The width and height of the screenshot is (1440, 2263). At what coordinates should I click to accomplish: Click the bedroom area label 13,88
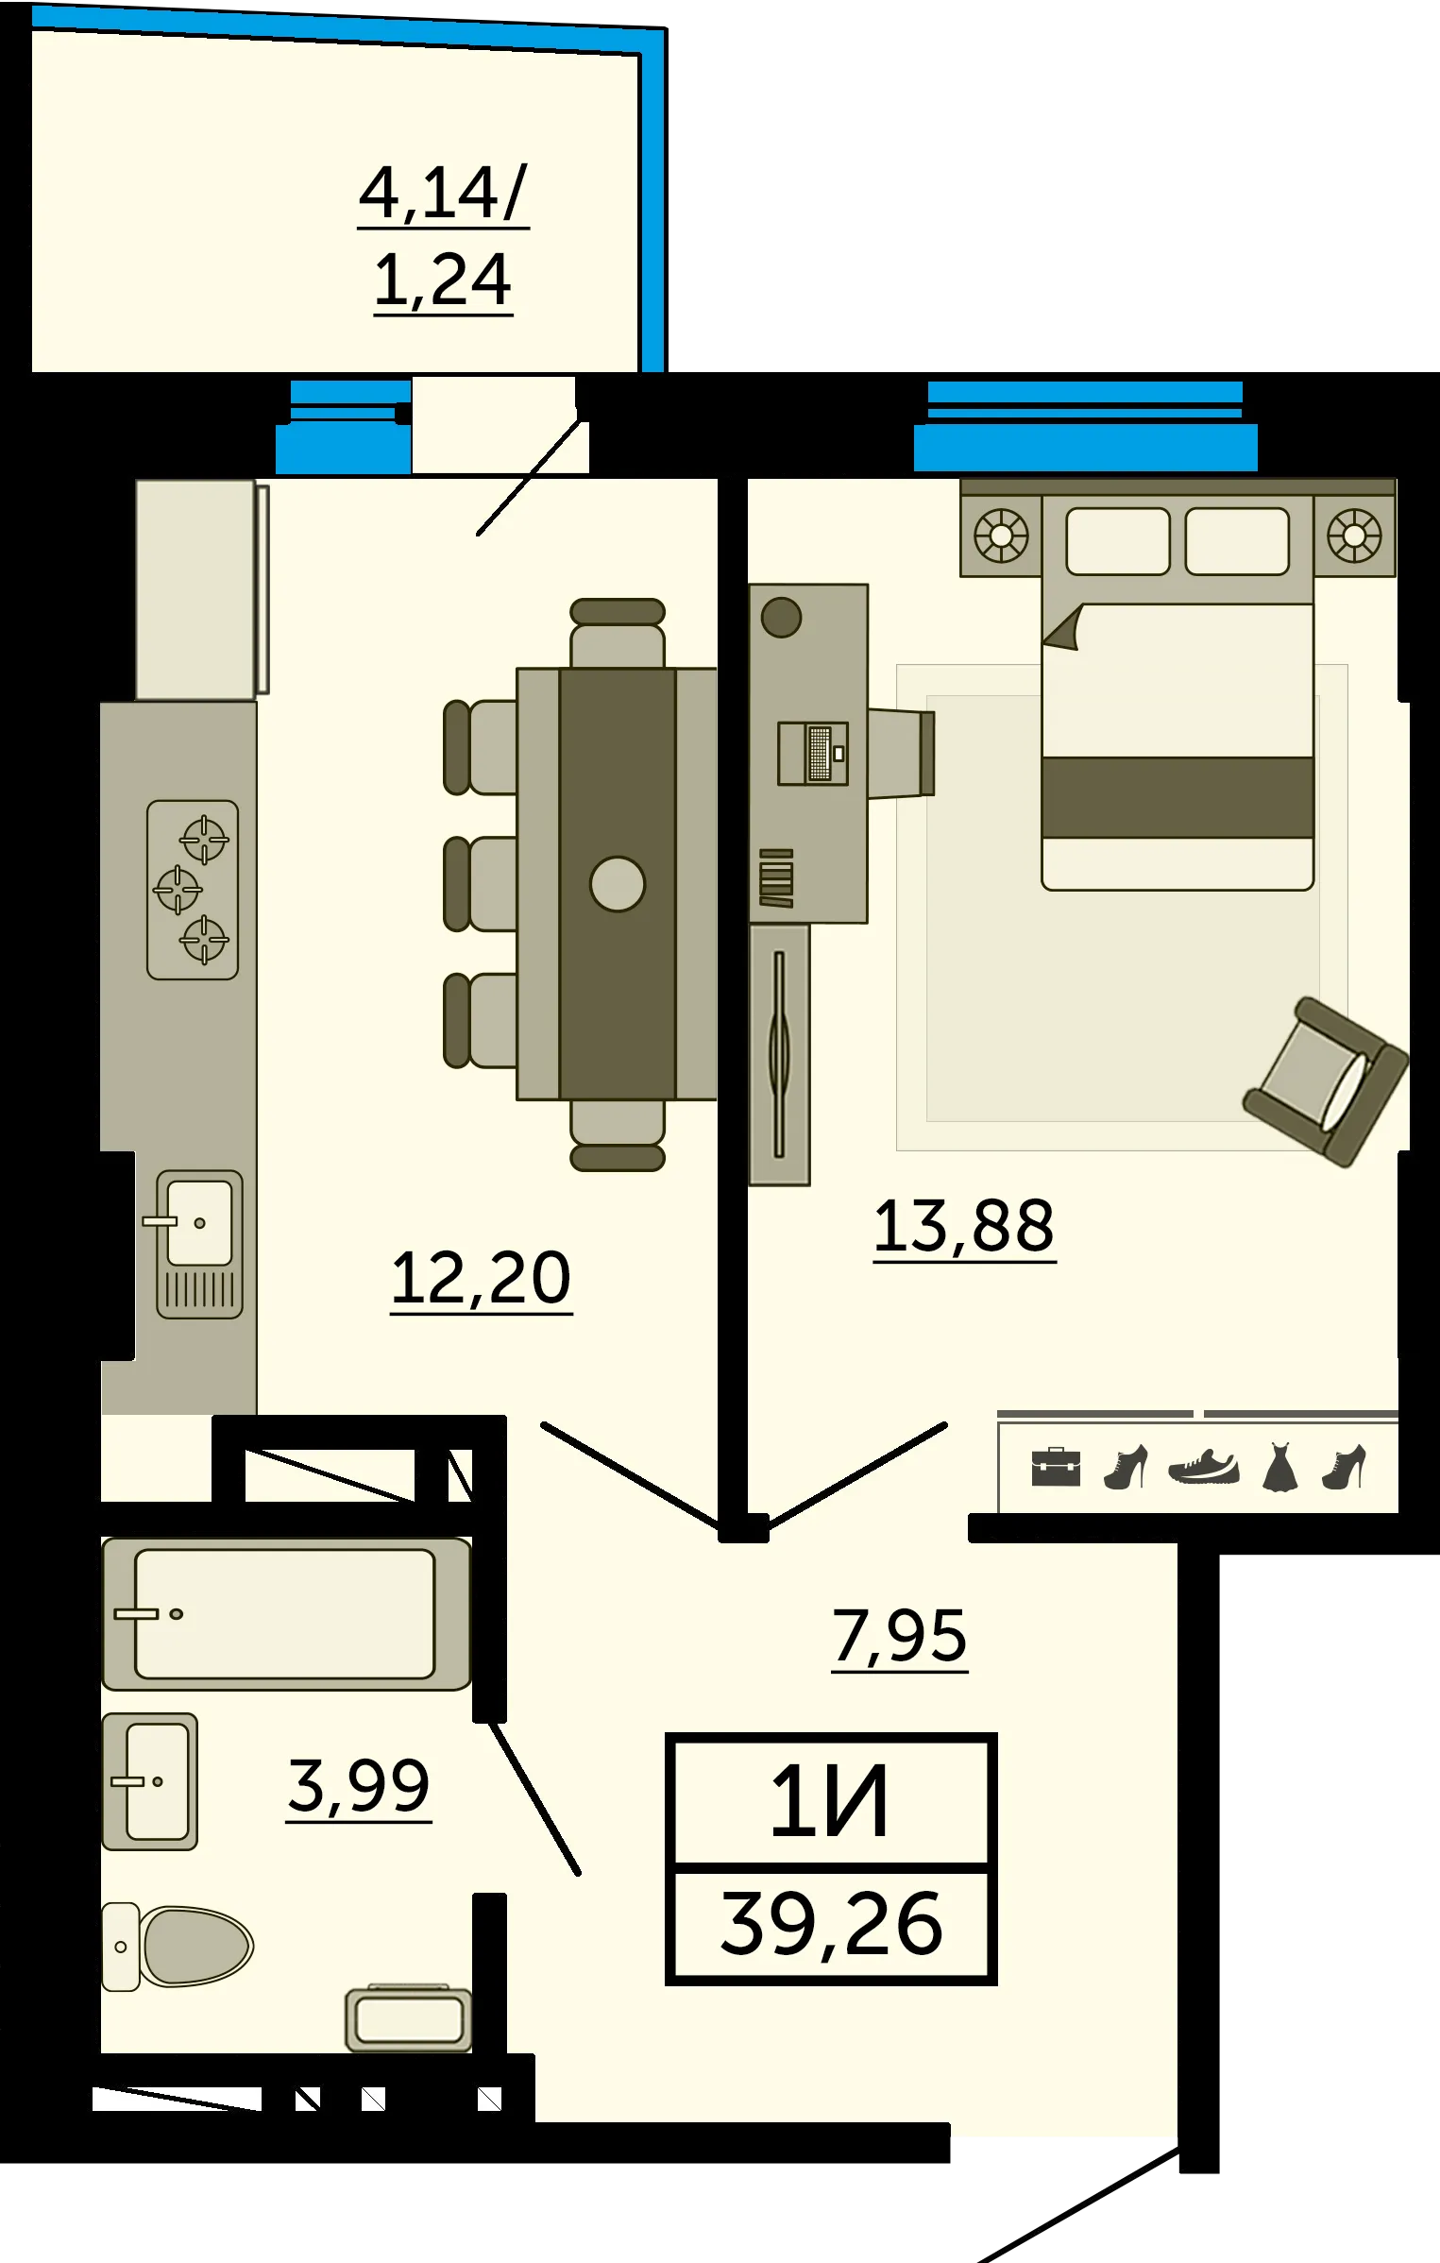point(963,1227)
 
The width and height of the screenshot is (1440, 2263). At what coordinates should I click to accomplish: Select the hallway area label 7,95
point(899,1637)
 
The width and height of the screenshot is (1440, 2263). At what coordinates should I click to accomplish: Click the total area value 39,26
point(831,1925)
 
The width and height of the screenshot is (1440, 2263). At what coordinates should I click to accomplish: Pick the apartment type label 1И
point(830,1804)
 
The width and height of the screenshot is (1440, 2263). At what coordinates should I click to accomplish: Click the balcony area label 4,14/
point(443,194)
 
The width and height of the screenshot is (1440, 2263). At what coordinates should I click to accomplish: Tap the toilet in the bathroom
point(178,1947)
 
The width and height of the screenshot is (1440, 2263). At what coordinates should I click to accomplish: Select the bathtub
point(286,1614)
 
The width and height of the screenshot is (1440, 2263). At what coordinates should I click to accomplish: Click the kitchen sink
point(199,1245)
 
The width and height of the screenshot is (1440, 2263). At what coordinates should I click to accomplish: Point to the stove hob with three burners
point(193,890)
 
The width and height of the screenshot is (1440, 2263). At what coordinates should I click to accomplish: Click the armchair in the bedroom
point(1325,1082)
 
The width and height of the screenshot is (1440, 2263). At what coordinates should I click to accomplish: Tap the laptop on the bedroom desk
point(813,754)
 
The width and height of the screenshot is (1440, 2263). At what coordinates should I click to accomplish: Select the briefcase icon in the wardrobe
point(1056,1468)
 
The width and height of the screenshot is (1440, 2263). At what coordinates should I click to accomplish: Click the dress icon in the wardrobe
point(1279,1467)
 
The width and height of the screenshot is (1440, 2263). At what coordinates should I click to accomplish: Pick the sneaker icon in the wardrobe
point(1204,1468)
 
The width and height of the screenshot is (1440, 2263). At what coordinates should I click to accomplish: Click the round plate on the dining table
point(618,884)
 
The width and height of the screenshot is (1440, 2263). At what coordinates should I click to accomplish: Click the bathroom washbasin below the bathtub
point(150,1782)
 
